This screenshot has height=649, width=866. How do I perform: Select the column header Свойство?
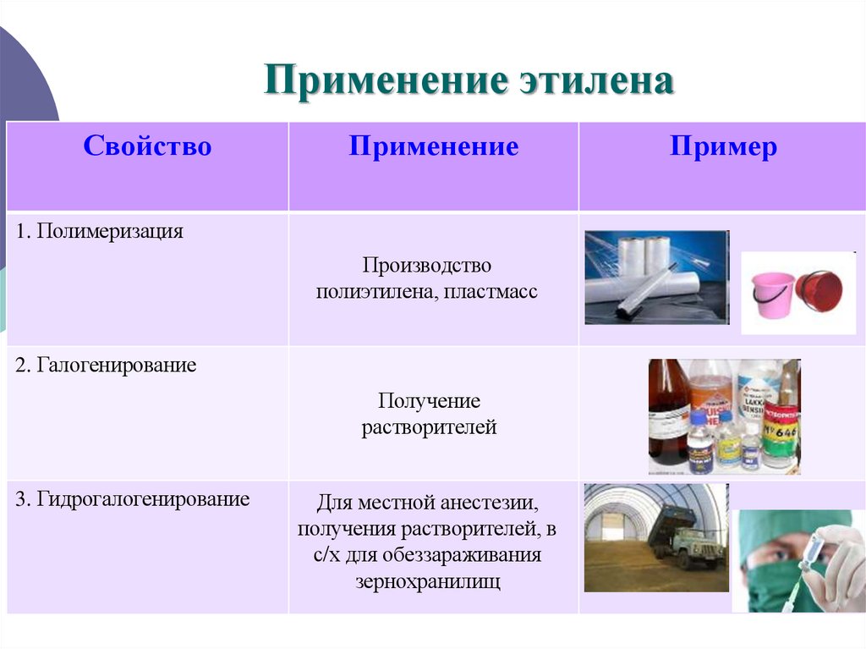147,147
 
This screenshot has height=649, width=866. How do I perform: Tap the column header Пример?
723,147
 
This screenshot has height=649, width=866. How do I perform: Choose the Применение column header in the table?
434,147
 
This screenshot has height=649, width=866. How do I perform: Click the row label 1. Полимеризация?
99,232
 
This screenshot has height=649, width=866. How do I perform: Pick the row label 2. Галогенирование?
106,366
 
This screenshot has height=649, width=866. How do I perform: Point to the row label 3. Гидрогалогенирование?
133,499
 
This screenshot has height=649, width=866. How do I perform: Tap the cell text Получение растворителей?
429,414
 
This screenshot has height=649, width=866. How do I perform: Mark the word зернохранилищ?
428,582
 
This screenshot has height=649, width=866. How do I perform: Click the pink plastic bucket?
773,294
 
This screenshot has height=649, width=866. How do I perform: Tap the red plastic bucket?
819,291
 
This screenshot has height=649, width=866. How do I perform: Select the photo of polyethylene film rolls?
655,277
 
